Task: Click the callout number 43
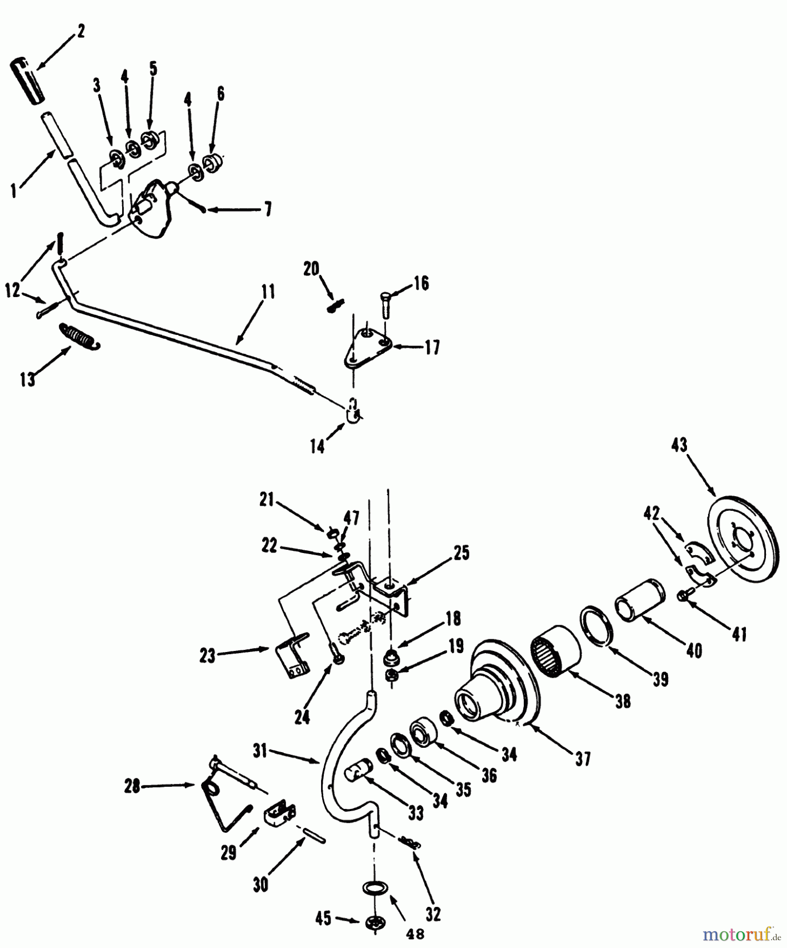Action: click(679, 446)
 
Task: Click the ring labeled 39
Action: click(597, 625)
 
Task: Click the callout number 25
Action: click(461, 554)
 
